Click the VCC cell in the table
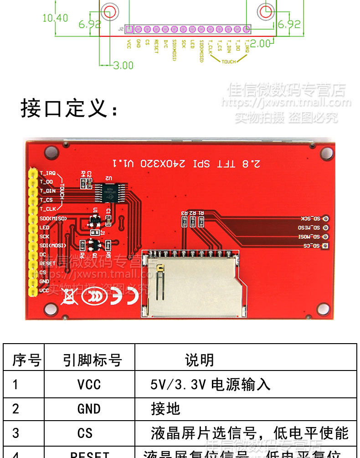(x=89, y=385)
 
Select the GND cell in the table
(x=89, y=409)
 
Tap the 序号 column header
(x=26, y=360)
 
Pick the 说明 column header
(x=199, y=360)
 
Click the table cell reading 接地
(x=166, y=409)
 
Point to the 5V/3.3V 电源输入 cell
(x=210, y=385)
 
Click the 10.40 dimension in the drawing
(x=55, y=18)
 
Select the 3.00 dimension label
(x=123, y=66)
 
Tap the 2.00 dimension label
(x=260, y=44)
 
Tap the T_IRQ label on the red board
(x=47, y=173)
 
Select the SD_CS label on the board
(x=311, y=247)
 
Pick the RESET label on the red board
(x=47, y=263)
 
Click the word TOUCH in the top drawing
(x=229, y=62)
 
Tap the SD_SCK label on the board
(x=310, y=219)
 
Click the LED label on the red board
(x=44, y=227)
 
